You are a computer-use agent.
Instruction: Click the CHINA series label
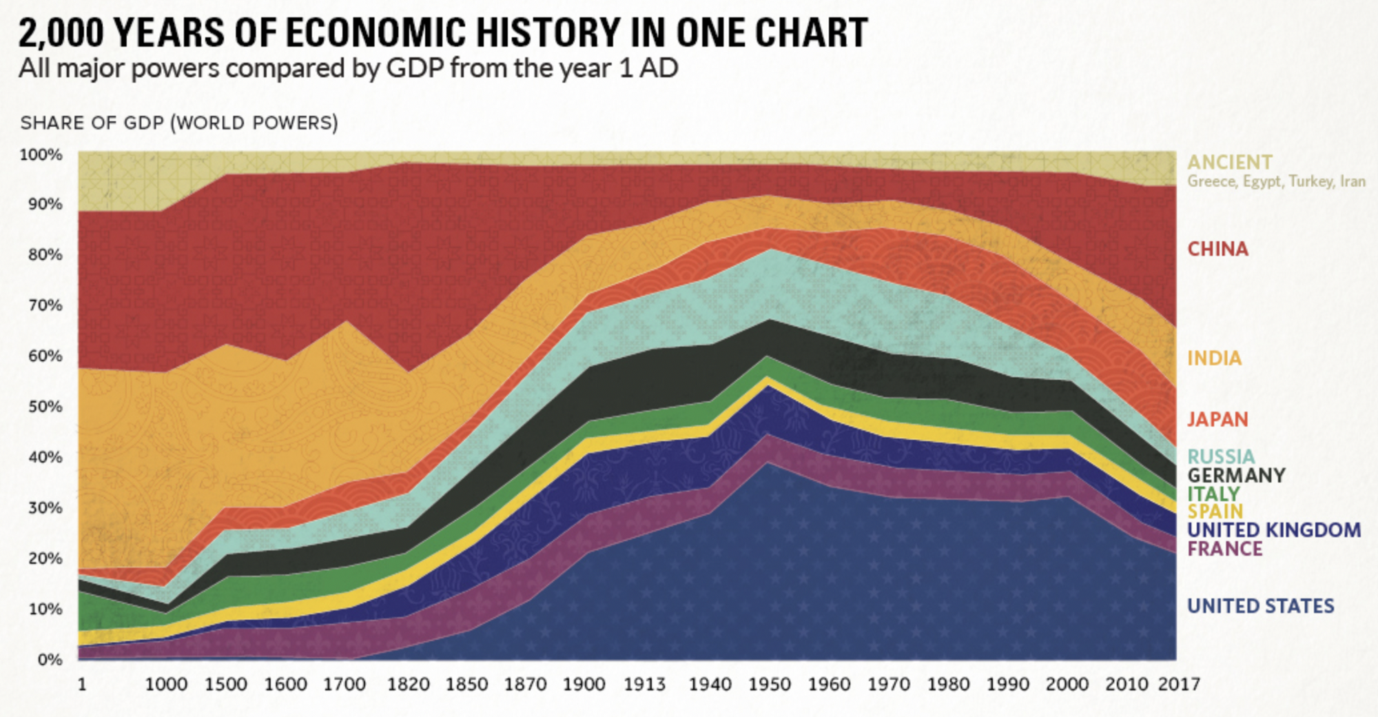pyautogui.click(x=1217, y=249)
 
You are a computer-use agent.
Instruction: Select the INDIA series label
pyautogui.click(x=1214, y=358)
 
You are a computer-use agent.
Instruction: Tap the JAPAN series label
pyautogui.click(x=1217, y=419)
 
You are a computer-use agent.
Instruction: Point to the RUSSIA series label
pyautogui.click(x=1221, y=456)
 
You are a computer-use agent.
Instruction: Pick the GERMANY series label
pyautogui.click(x=1236, y=475)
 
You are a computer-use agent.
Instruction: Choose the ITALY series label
pyautogui.click(x=1213, y=494)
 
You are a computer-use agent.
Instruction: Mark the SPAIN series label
pyautogui.click(x=1215, y=512)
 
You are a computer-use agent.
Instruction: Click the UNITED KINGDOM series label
pyautogui.click(x=1274, y=530)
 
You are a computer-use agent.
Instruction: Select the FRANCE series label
pyautogui.click(x=1224, y=549)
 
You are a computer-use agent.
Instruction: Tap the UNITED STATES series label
pyautogui.click(x=1260, y=606)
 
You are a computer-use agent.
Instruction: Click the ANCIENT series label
pyautogui.click(x=1230, y=163)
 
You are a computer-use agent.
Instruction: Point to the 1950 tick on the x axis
pyautogui.click(x=770, y=684)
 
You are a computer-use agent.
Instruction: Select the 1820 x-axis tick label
pyautogui.click(x=407, y=684)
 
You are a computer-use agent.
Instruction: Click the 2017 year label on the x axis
pyautogui.click(x=1179, y=684)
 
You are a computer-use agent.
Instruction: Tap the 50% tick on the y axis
pyautogui.click(x=45, y=406)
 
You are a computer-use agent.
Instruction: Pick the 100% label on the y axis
pyautogui.click(x=41, y=154)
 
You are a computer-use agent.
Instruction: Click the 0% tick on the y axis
pyautogui.click(x=50, y=660)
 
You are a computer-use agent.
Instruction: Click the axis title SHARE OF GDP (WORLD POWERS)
pyautogui.click(x=179, y=123)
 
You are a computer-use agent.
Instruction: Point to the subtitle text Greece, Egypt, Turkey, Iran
pyautogui.click(x=1276, y=181)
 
